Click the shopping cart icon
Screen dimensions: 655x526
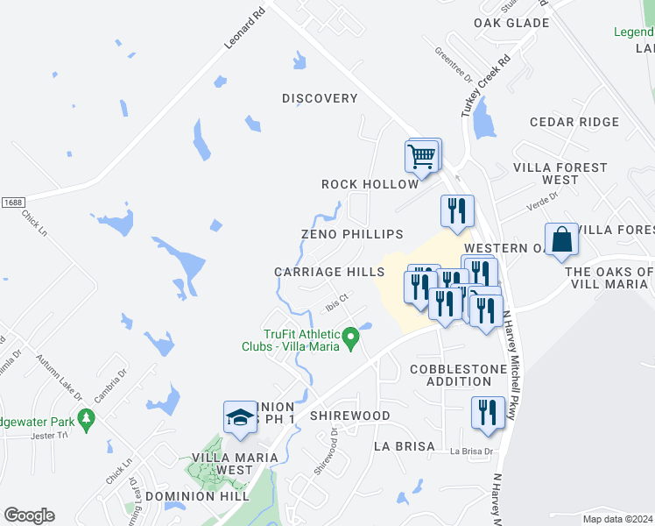[422, 158]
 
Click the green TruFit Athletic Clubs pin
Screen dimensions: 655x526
[351, 336]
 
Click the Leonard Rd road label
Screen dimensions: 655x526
[243, 29]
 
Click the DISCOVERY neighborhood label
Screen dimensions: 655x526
[320, 98]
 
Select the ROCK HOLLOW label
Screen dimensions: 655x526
[370, 184]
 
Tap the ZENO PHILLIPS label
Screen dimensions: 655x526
[352, 234]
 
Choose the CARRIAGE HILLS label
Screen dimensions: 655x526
[329, 272]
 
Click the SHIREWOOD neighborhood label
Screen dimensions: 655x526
[349, 415]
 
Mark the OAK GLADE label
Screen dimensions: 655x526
[511, 23]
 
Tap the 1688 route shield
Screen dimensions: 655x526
[12, 203]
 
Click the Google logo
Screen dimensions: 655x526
[29, 515]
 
